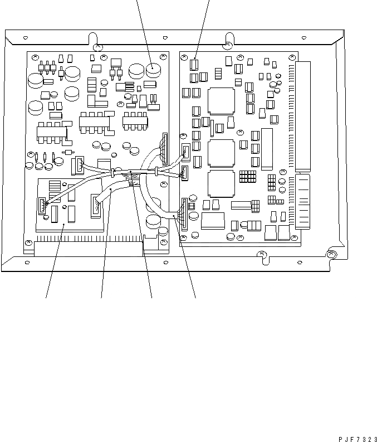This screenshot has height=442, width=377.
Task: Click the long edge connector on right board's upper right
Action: tap(303, 115)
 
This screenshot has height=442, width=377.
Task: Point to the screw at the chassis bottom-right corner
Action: tap(331, 255)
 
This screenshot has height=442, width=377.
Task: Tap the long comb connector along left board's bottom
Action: tap(89, 245)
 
